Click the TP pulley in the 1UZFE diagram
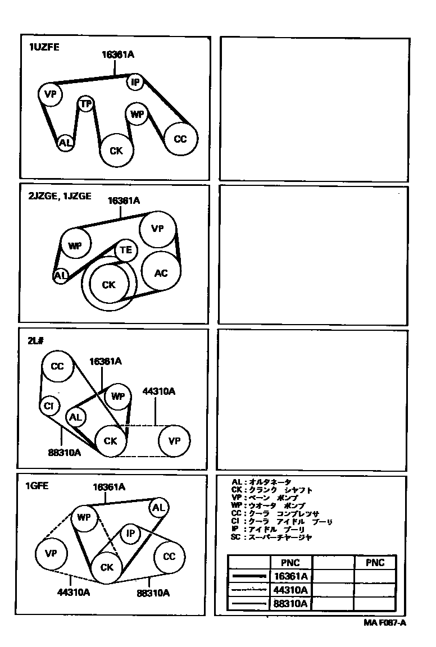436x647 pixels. [85, 104]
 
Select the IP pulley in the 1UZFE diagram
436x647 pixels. [135, 83]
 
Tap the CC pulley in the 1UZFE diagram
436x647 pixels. [180, 139]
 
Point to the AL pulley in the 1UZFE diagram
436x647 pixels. [65, 143]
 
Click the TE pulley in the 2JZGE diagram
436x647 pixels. [125, 250]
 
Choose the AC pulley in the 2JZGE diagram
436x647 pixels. [161, 273]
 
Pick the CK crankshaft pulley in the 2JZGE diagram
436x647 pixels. [108, 285]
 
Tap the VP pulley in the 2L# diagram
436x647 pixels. [174, 441]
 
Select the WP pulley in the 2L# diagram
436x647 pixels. [117, 397]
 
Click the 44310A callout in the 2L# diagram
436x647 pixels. [159, 391]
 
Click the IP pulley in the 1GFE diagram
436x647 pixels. [130, 534]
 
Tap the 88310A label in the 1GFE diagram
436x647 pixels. [153, 592]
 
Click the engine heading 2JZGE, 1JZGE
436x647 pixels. [59, 197]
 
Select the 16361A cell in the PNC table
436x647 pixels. [290, 576]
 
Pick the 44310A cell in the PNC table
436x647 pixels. [290, 590]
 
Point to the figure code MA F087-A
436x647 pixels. [384, 622]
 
